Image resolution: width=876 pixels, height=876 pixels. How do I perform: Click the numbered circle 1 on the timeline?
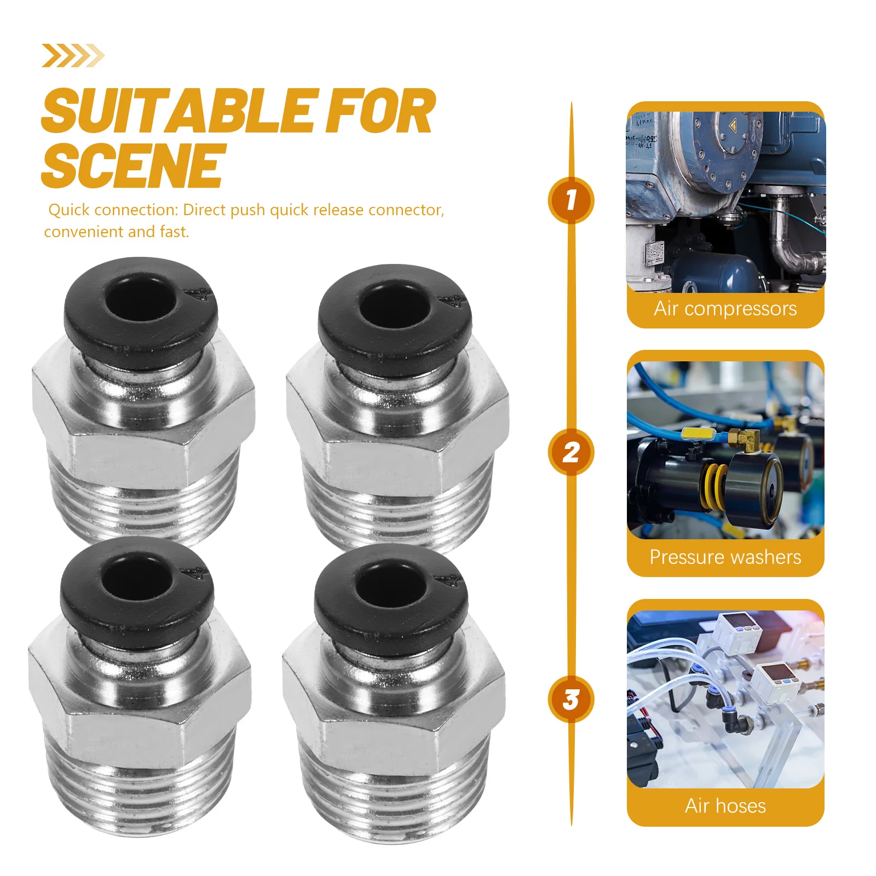(571, 200)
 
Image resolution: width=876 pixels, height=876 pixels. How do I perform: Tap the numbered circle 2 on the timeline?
(571, 452)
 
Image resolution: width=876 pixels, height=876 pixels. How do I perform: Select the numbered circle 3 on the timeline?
(571, 700)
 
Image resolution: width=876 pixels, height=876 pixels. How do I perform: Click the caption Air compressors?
(725, 309)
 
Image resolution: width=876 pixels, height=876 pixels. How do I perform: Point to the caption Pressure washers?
(725, 557)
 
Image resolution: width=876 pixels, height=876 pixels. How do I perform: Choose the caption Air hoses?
(725, 806)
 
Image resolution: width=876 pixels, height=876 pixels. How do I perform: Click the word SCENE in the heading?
(134, 165)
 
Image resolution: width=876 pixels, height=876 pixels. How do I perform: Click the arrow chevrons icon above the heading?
(73, 56)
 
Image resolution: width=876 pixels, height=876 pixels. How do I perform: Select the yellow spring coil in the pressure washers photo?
(712, 485)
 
